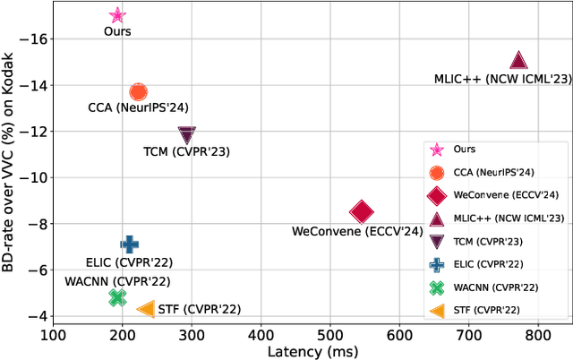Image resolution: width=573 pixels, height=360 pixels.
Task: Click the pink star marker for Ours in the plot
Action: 117,15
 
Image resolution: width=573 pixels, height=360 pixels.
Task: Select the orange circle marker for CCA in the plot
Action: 138,91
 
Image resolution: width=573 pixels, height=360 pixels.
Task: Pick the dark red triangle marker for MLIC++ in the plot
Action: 518,61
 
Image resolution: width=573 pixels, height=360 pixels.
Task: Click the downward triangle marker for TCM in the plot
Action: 186,135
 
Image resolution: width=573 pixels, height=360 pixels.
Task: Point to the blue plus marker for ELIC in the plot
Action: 129,244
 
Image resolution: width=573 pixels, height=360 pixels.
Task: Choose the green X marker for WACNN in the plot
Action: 116,297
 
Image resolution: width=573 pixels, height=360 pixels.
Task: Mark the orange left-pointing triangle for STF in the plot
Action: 146,309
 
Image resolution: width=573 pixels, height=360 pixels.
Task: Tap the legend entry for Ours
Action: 465,150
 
